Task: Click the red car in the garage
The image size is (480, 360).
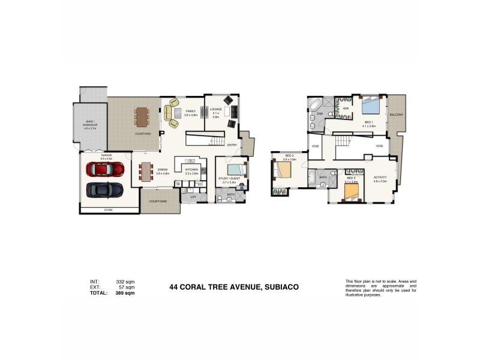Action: pos(105,169)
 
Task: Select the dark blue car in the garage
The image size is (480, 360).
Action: pos(105,190)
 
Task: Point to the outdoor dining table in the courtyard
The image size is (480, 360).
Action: pos(142,115)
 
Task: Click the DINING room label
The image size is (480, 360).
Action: pos(163,170)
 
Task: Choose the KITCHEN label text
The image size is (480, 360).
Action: pos(191,170)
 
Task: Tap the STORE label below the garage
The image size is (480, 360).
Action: pos(108,210)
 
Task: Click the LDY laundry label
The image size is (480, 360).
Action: pos(193,197)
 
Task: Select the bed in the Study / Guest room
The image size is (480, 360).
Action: pos(236,169)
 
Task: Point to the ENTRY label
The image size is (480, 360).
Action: pos(232,145)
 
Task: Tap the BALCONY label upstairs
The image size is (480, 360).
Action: pos(396,114)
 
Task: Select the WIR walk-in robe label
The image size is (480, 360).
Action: pos(346,109)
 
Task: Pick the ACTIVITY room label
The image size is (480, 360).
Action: pos(380,178)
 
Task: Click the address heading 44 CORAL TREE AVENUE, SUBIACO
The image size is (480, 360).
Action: pos(234,287)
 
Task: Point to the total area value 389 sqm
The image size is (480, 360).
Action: pos(125,293)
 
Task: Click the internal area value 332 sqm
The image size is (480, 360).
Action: pos(125,281)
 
